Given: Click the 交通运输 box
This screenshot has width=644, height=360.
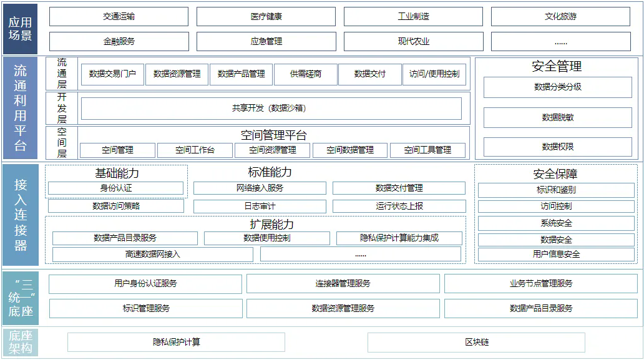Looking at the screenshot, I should pos(119,17).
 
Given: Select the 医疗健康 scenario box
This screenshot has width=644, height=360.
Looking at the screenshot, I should pos(266,17).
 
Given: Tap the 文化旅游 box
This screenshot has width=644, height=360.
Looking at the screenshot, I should pos(560,17).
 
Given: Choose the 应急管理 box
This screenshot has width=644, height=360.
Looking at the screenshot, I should pos(266,42).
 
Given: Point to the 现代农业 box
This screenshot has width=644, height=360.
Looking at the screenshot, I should pos(413,42).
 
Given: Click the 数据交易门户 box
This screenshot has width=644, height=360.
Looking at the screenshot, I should pos(112,74).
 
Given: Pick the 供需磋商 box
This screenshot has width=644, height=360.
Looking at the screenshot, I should pos(305,74).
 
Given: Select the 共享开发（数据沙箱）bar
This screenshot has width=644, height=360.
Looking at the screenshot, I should pos(271,109).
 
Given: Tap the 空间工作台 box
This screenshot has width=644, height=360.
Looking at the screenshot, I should pos(195,150).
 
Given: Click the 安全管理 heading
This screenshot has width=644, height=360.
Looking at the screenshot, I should pos(557,66).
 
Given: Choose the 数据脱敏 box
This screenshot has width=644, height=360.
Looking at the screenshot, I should pos(557,117).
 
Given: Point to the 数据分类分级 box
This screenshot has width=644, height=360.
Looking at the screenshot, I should pos(557,87).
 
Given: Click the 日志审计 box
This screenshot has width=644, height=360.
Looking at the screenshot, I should pos(260,206).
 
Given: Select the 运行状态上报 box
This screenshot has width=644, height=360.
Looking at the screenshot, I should pos(399,206).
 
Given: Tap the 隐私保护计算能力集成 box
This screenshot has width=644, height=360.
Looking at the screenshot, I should pos(399,238).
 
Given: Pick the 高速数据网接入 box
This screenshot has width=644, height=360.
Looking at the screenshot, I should pos(152,254).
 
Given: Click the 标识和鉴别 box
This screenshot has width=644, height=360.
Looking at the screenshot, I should pos(555,190).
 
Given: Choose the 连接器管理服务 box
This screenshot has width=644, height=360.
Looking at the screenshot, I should pos(343,284).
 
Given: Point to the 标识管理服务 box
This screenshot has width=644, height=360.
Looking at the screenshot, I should pos(145,308).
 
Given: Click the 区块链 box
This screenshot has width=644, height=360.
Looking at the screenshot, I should pos(476,343).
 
